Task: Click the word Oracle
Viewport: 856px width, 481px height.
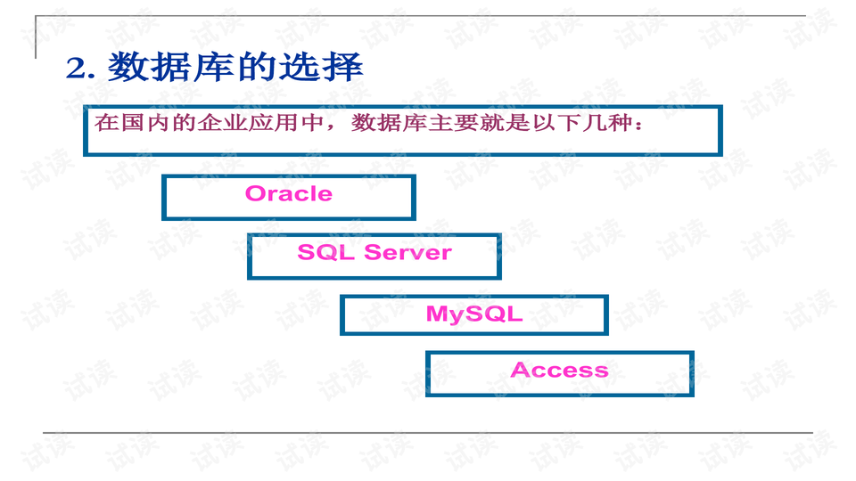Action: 288,194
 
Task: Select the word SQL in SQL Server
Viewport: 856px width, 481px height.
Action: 326,253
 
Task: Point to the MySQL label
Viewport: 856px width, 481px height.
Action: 473,314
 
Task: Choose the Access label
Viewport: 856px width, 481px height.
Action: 559,371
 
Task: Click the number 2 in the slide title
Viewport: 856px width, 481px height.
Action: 75,69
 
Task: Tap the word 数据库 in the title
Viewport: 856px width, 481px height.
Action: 170,68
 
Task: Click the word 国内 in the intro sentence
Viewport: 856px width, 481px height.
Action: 144,123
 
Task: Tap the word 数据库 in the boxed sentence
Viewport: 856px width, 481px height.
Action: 383,123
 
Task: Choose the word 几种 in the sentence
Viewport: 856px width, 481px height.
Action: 597,123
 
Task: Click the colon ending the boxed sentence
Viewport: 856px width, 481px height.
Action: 635,126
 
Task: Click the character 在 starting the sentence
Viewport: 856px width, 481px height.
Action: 105,123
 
